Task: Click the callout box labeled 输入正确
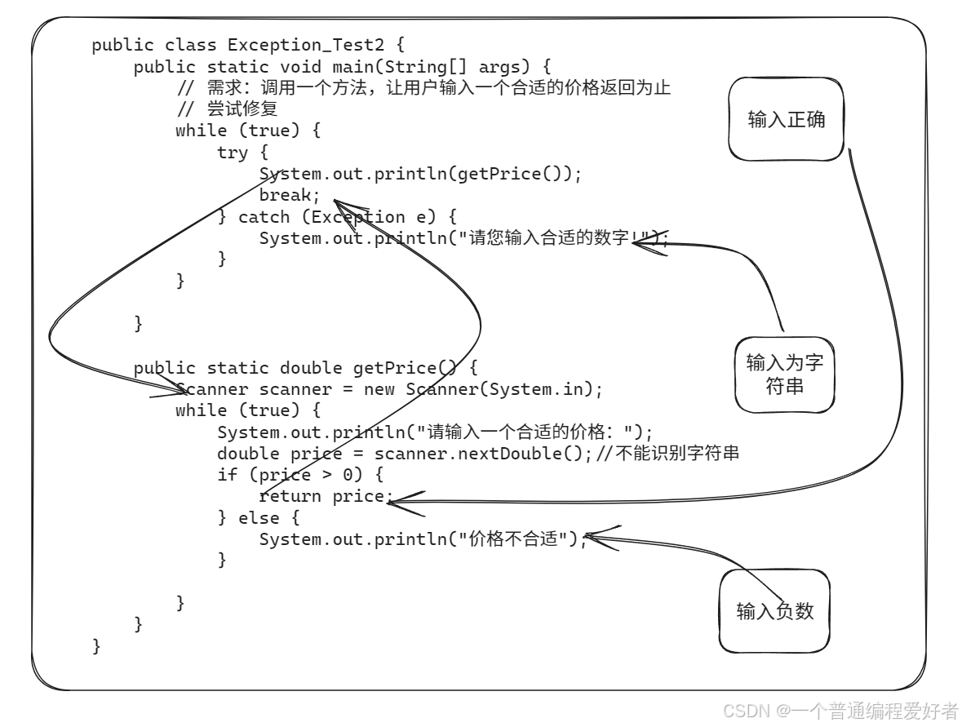pos(786,120)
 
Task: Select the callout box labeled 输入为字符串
pos(785,375)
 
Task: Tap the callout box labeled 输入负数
pos(774,611)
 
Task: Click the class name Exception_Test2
pos(305,45)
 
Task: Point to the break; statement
pos(285,195)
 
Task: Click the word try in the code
pos(232,153)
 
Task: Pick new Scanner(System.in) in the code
pos(482,389)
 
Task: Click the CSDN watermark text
pos(840,710)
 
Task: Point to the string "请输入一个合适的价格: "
pos(530,432)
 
